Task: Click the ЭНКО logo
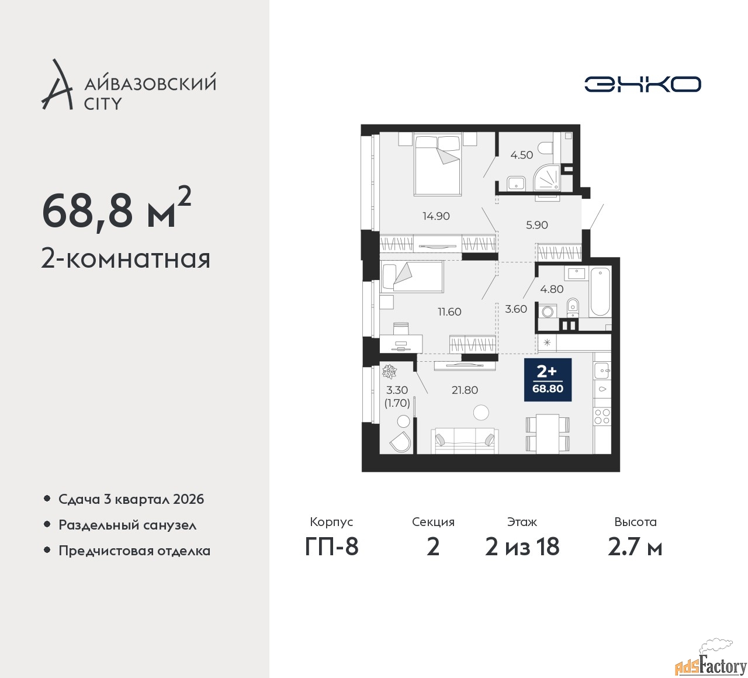coord(642,84)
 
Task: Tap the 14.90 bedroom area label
coord(436,216)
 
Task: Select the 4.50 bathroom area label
coord(521,155)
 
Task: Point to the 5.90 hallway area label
coord(536,225)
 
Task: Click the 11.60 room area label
coord(449,312)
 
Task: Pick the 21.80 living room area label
coord(465,390)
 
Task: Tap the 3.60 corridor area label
coord(516,309)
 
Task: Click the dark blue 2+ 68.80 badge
coord(548,380)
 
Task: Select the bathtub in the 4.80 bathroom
coord(600,292)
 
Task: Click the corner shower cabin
coord(548,178)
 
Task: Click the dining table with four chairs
coord(548,434)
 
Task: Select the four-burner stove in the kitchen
coord(602,416)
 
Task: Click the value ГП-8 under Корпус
coord(332,547)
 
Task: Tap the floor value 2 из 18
coord(522,547)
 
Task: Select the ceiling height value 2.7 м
coord(635,547)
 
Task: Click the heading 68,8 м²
coord(117,210)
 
